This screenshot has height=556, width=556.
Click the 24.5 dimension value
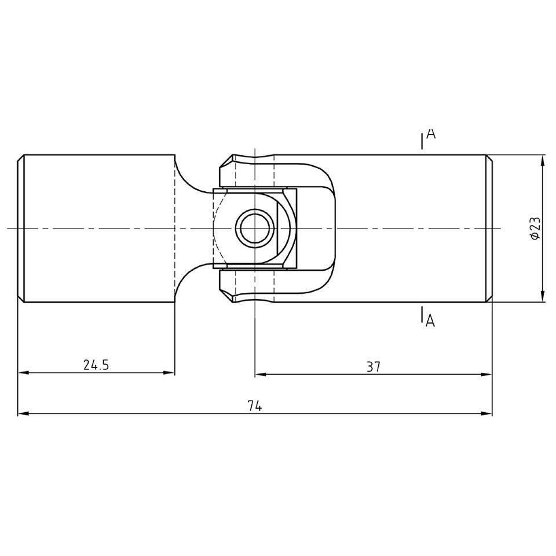click(x=96, y=365)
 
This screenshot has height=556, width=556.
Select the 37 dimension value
click(x=374, y=366)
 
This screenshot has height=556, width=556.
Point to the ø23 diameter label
click(x=535, y=228)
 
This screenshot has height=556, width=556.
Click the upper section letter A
click(x=430, y=134)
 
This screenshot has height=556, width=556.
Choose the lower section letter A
click(x=430, y=320)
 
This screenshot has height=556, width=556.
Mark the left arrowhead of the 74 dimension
click(x=23, y=413)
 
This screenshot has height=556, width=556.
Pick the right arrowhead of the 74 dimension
click(x=487, y=413)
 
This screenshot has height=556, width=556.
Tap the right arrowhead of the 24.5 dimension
click(x=169, y=372)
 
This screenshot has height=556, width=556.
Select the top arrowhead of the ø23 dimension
click(x=543, y=160)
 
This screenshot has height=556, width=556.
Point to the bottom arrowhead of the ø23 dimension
click(x=543, y=297)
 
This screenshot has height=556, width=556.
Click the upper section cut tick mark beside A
click(x=421, y=143)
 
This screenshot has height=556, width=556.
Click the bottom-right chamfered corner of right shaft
click(x=489, y=299)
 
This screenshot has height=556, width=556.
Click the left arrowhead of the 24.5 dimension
click(x=23, y=372)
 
